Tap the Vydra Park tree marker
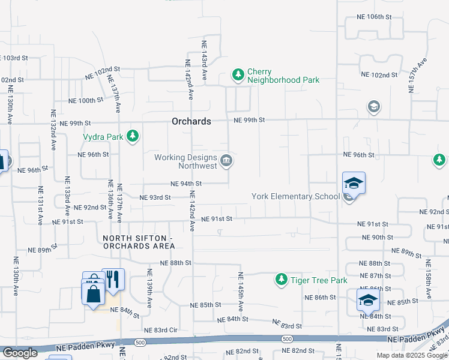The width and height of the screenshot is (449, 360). coord(133,137)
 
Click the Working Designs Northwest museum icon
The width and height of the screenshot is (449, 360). coord(227,160)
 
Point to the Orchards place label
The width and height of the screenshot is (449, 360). coord(191,121)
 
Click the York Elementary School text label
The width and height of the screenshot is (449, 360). coord(295,196)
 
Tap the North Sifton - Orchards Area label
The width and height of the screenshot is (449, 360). coord(137,242)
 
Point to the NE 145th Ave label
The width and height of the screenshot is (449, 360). coord(241,292)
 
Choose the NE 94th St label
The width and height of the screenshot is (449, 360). coord(186,184)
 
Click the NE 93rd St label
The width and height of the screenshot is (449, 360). coord(155,197)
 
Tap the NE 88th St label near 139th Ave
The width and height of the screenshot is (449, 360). coord(175,263)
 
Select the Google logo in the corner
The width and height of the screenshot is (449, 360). coord(19,353)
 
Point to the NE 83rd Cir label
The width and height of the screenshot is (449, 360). coord(161,330)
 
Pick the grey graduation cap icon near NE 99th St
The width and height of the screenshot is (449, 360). coord(374,107)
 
